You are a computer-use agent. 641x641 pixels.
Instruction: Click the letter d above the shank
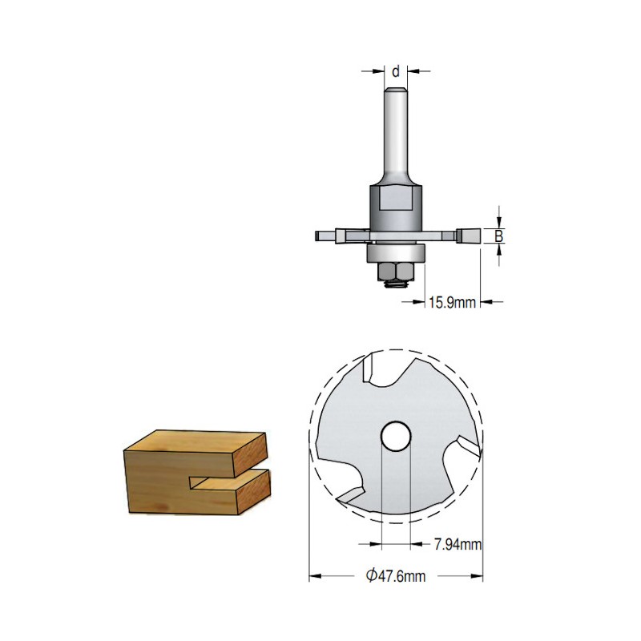pyautogui.click(x=395, y=71)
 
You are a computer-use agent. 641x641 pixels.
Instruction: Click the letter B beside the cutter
pyautogui.click(x=498, y=236)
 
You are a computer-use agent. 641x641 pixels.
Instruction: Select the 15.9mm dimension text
pyautogui.click(x=452, y=303)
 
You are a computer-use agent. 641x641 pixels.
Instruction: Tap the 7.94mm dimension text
pyautogui.click(x=458, y=544)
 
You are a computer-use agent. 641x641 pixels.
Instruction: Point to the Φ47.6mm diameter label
pyautogui.click(x=395, y=576)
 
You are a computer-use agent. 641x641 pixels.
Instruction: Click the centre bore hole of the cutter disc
pyautogui.click(x=395, y=436)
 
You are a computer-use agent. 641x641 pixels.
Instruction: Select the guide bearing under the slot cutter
pyautogui.click(x=396, y=252)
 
